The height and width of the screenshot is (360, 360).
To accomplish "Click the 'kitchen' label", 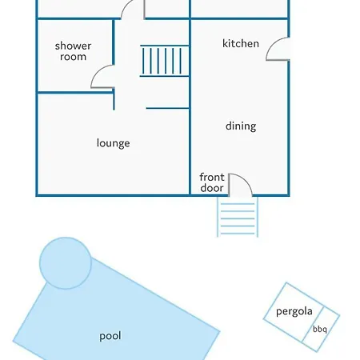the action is pyautogui.click(x=241, y=43).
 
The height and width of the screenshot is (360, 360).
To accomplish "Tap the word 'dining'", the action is pyautogui.click(x=241, y=126).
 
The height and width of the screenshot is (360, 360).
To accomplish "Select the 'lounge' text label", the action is pyautogui.click(x=114, y=143).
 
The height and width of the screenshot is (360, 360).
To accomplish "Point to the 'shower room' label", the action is pyautogui.click(x=73, y=51).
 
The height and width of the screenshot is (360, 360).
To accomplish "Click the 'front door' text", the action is pyautogui.click(x=212, y=182).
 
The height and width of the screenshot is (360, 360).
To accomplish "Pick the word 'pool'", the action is pyautogui.click(x=110, y=336).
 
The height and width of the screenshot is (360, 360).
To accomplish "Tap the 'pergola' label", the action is pyautogui.click(x=294, y=311).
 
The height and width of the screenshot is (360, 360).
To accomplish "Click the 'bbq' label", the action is pyautogui.click(x=320, y=330).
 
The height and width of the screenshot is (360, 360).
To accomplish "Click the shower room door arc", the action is pyautogui.click(x=98, y=71).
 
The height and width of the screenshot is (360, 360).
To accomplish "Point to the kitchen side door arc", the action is pyautogui.click(x=272, y=44).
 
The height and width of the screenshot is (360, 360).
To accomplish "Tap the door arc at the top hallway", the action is pyautogui.click(x=126, y=6).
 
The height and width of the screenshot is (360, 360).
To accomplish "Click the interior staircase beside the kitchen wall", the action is pyautogui.click(x=165, y=61).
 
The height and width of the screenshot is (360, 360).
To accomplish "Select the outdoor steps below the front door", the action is pyautogui.click(x=238, y=217).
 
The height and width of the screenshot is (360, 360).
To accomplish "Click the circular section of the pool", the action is pyautogui.click(x=66, y=263).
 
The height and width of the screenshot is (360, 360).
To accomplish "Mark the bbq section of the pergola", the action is pyautogui.click(x=321, y=330).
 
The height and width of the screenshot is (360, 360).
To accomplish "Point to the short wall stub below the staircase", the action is pyautogui.click(x=168, y=108).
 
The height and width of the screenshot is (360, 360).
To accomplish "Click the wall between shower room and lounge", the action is pyautogui.click(x=75, y=93).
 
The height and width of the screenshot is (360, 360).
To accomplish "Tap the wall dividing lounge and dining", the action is pyautogui.click(x=190, y=106).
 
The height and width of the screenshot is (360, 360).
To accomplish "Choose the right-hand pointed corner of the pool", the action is pyautogui.click(x=220, y=331).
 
